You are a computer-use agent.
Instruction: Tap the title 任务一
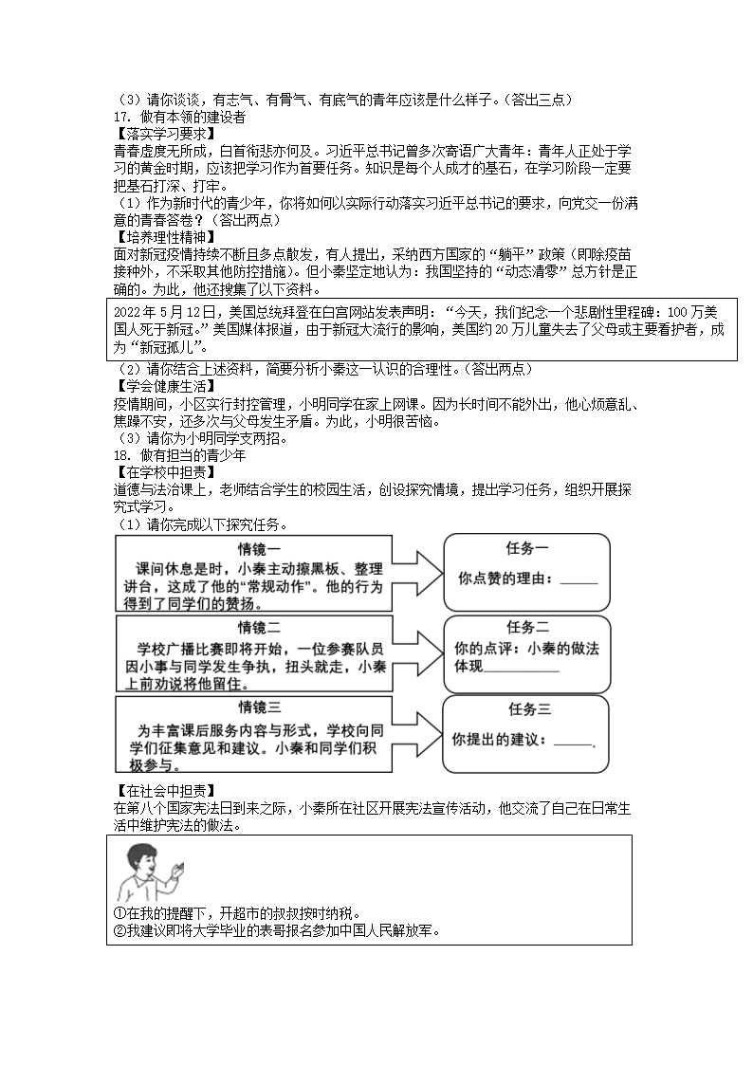coord(527,548)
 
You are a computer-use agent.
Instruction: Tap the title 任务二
coord(527,627)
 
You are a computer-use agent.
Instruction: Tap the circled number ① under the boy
coord(118,913)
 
